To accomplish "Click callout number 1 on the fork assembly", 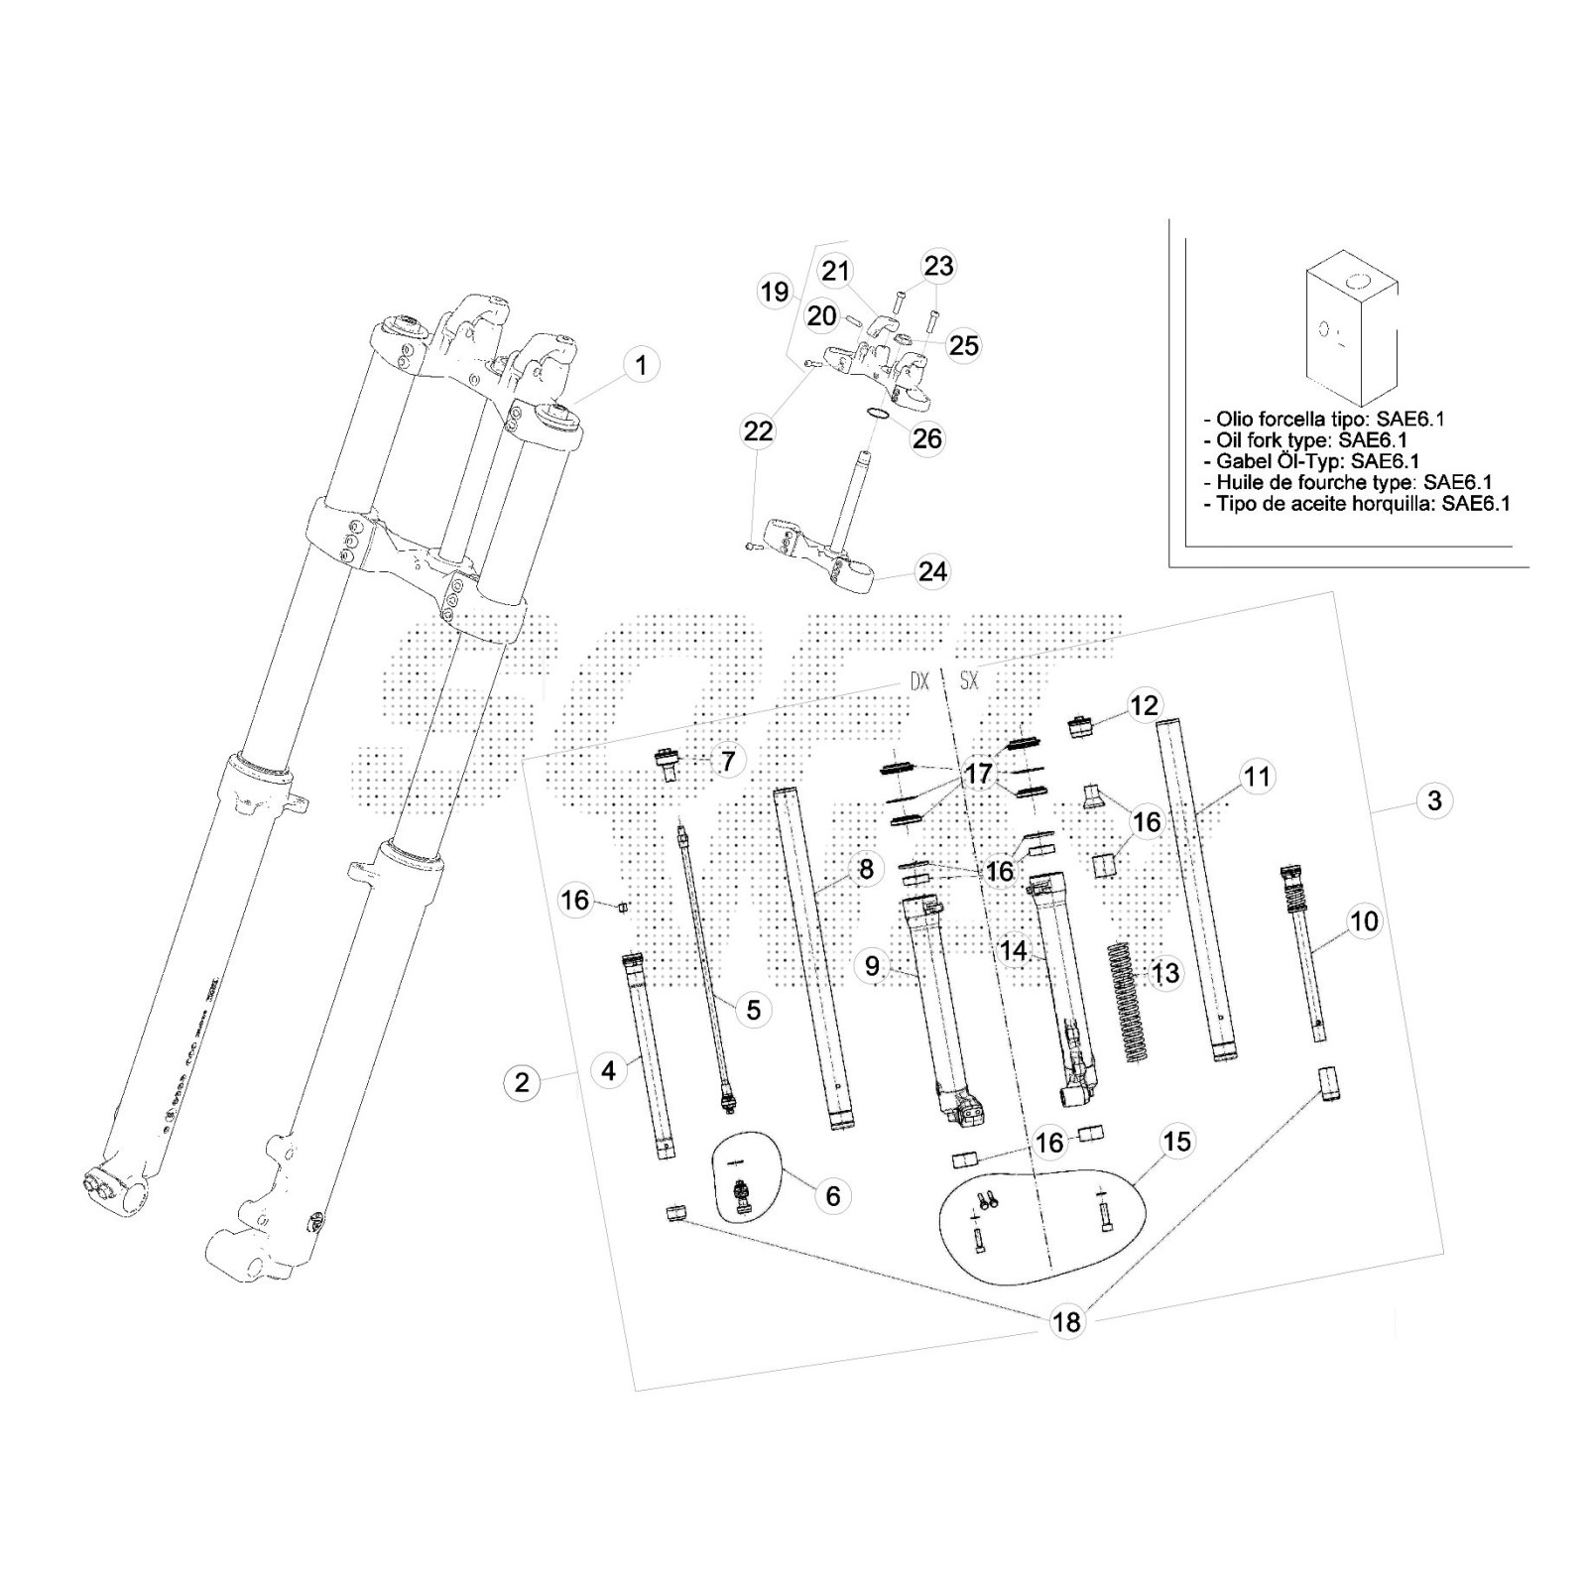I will tap(641, 365).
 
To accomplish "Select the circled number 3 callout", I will tap(1433, 799).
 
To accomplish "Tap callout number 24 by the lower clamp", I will tap(932, 571).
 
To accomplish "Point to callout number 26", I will tap(927, 437).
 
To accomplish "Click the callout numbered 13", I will tap(1165, 973).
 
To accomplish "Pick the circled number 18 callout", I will tap(1068, 1321).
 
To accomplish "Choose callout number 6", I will tap(832, 1196).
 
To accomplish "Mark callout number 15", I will tap(1176, 1142).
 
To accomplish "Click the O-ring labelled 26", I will tap(873, 416).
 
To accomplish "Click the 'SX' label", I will tap(968, 682).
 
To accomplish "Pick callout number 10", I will tap(1364, 920).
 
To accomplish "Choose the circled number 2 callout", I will tap(523, 1081).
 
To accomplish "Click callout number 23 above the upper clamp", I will tap(938, 266).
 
